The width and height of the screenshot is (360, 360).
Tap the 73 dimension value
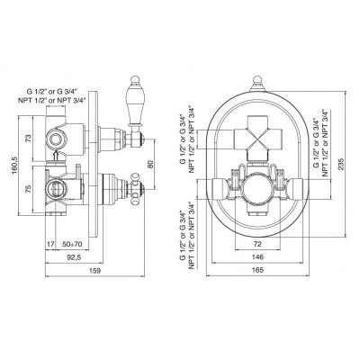(28, 139)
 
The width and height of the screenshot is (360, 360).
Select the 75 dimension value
(28, 189)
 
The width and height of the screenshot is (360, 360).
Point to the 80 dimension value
(150, 164)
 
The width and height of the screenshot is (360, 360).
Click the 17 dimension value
(50, 244)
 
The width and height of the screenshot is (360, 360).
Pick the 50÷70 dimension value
(72, 244)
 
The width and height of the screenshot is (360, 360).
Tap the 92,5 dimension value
(74, 257)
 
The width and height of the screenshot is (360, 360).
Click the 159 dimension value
(94, 271)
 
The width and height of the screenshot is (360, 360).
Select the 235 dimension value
(341, 164)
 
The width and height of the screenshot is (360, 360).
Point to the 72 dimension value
(257, 244)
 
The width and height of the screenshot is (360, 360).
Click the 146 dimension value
(257, 257)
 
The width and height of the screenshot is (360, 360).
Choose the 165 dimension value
(257, 270)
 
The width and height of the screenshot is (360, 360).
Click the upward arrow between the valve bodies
(55, 156)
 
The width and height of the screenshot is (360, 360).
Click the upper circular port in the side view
(55, 139)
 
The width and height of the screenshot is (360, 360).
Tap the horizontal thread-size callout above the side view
(52, 95)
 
